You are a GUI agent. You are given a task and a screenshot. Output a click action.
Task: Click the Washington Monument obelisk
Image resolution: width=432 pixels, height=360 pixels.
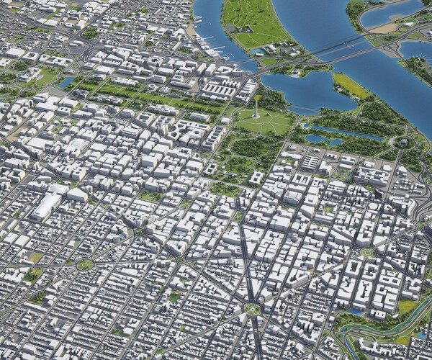click(257, 108)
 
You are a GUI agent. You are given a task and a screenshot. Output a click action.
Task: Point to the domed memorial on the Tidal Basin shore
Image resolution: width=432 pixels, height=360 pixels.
click(296, 72)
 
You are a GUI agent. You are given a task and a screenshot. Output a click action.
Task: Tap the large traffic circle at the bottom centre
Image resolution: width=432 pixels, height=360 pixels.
click(251, 309)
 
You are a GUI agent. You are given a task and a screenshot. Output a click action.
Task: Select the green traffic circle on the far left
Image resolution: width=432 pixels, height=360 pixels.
click(84, 264)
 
